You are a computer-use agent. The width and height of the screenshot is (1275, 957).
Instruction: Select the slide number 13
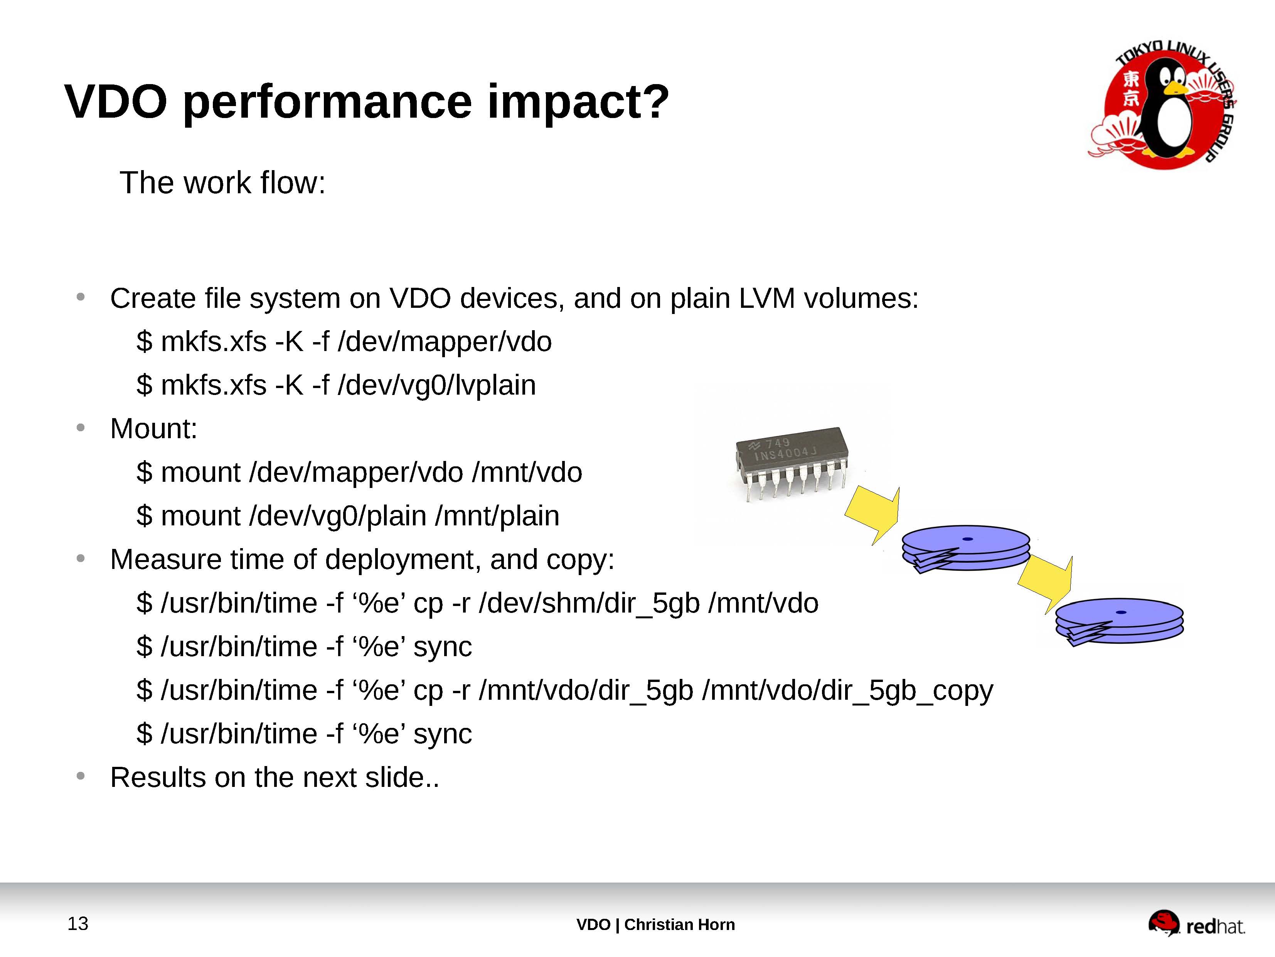point(78,923)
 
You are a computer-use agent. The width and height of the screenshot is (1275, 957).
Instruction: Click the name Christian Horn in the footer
point(680,925)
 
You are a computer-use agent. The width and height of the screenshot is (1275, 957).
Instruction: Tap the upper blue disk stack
point(966,548)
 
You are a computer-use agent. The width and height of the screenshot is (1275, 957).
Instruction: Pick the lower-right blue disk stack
point(1119,621)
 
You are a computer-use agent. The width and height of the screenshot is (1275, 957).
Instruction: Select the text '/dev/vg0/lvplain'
point(437,385)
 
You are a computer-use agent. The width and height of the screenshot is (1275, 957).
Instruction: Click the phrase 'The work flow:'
point(222,183)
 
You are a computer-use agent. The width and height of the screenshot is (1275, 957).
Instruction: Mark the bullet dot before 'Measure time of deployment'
point(81,559)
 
